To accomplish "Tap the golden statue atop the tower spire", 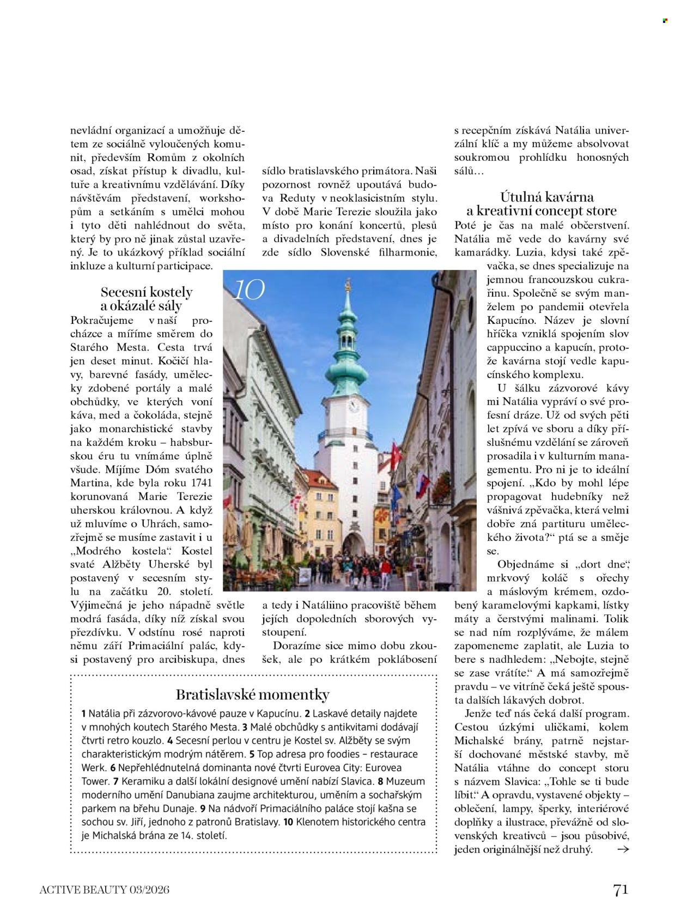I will click(x=346, y=286).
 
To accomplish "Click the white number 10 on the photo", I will click(x=248, y=290).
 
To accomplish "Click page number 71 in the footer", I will click(x=621, y=890).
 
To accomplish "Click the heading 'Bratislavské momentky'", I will click(x=253, y=695).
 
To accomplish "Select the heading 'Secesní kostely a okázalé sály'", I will click(x=146, y=299).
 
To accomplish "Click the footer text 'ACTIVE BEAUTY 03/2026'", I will click(x=105, y=890).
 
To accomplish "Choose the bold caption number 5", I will click(x=252, y=755).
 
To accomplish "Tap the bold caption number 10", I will click(x=288, y=822).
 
